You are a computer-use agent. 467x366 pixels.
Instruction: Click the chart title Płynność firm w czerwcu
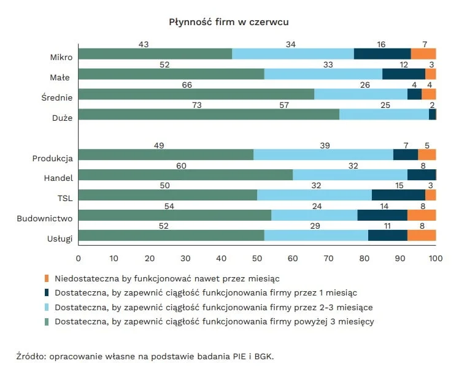click(229, 22)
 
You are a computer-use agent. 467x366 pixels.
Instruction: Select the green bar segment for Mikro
click(155, 54)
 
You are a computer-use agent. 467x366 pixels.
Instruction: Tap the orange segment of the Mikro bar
click(423, 54)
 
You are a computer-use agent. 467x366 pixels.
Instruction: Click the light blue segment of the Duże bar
click(384, 115)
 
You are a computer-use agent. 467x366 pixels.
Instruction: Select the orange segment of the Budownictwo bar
click(422, 215)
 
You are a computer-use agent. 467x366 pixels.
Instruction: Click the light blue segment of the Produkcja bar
click(323, 154)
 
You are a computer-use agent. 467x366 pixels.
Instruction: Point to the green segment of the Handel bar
click(185, 175)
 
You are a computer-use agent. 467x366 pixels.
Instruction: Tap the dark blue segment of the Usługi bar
click(388, 235)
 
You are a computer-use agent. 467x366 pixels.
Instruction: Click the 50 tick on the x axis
click(257, 257)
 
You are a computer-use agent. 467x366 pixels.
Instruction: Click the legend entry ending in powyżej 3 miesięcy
click(214, 321)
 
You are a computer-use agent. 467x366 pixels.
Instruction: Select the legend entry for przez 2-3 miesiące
click(213, 307)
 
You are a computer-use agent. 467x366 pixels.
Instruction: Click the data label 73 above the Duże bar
click(197, 105)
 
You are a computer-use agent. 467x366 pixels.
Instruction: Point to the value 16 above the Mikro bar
click(381, 44)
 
